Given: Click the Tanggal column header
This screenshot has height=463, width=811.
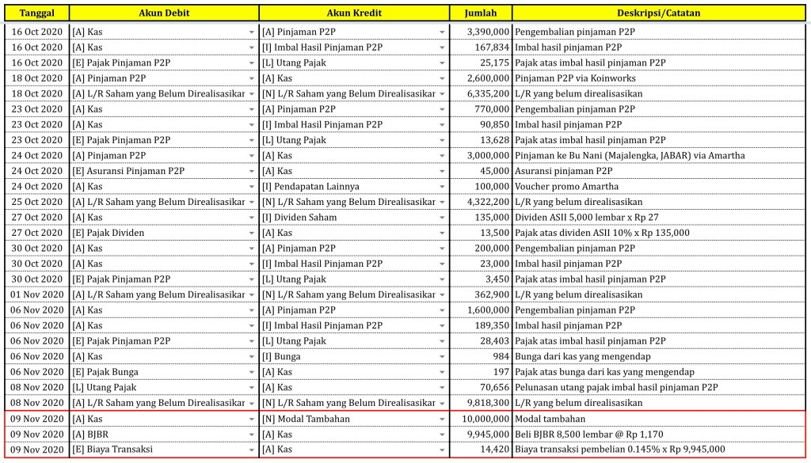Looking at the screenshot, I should point(36,13).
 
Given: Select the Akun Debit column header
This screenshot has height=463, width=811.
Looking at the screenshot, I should point(164,13).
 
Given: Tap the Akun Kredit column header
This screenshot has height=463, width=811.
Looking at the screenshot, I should point(354,13).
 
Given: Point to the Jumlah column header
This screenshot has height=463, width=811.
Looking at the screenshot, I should point(480,13).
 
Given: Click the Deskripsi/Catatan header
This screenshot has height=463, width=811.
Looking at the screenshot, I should point(659,13).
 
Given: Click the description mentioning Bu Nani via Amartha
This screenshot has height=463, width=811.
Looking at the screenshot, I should point(630,156).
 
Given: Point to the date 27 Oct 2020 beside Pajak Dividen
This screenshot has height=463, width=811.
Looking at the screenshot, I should point(36,233).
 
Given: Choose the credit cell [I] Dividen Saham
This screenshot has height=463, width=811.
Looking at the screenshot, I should point(301,218).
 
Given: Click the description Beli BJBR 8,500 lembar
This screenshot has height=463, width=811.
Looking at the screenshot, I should point(588,435).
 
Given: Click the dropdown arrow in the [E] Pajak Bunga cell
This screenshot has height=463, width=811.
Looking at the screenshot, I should point(252,372).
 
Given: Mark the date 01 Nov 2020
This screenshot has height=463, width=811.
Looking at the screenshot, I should point(36,294).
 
